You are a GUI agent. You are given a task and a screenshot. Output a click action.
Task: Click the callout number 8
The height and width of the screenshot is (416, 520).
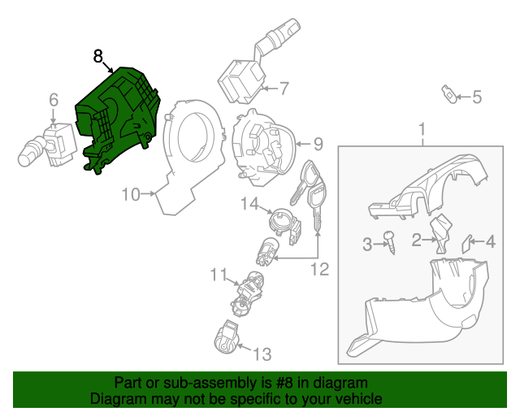pyautogui.click(x=97, y=56)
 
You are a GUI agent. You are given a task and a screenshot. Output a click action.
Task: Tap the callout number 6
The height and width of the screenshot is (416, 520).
pyautogui.click(x=54, y=100)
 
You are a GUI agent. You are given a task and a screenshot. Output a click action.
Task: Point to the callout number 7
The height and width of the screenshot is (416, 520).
pyautogui.click(x=284, y=87)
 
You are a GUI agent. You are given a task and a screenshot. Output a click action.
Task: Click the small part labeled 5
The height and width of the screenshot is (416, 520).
pyautogui.click(x=448, y=92)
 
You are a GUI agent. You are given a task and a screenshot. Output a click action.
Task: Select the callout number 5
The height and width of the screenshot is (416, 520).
pyautogui.click(x=477, y=97)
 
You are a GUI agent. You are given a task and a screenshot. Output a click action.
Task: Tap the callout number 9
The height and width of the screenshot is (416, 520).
pyautogui.click(x=318, y=144)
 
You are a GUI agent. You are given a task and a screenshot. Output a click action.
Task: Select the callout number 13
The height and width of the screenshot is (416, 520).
pyautogui.click(x=262, y=353)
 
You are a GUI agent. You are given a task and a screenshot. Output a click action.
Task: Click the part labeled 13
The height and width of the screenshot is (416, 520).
pyautogui.click(x=227, y=337)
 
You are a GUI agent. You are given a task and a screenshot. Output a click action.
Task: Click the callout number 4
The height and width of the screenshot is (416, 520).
pyautogui.click(x=490, y=240)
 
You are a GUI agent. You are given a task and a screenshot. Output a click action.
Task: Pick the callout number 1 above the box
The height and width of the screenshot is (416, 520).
pyautogui.click(x=422, y=129)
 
